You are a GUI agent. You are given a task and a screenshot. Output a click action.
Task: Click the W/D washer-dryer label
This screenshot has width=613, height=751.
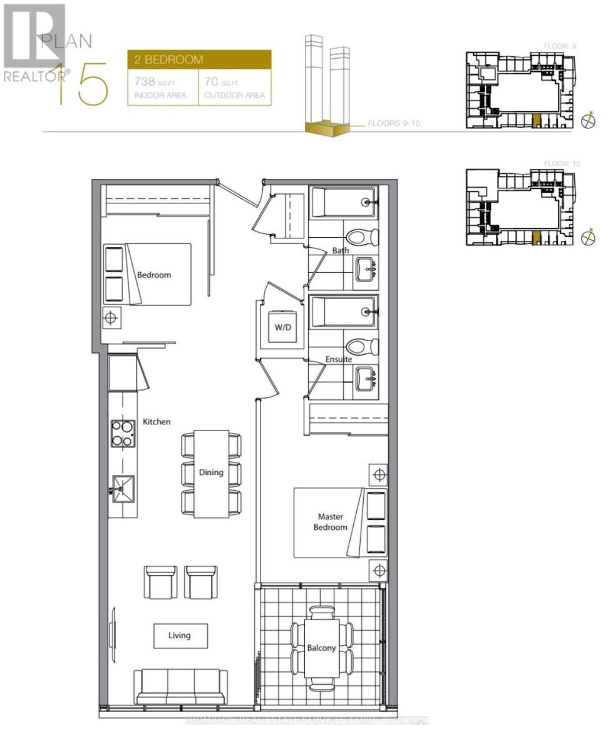(280, 327)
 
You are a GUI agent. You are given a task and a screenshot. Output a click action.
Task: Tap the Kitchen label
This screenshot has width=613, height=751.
(156, 422)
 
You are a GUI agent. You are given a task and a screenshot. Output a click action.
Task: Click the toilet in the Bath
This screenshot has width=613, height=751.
(363, 237)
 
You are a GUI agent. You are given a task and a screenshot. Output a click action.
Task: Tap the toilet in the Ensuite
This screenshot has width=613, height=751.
(363, 346)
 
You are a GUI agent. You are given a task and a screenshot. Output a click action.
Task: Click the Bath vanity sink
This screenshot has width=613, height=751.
(365, 270)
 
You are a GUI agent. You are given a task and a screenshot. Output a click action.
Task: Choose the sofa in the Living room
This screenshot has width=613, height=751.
(181, 687)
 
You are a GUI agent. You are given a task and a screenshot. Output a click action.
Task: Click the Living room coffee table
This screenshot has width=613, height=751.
(179, 635)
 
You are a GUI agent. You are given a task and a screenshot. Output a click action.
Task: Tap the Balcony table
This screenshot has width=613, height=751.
(322, 648)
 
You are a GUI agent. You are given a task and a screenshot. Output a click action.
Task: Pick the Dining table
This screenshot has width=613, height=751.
(211, 473)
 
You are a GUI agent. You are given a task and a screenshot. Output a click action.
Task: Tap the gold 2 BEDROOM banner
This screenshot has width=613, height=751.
(199, 59)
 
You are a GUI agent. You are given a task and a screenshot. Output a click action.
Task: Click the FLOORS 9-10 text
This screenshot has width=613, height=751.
(394, 123)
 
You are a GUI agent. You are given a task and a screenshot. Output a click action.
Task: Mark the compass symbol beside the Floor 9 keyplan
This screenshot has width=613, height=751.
(589, 121)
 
